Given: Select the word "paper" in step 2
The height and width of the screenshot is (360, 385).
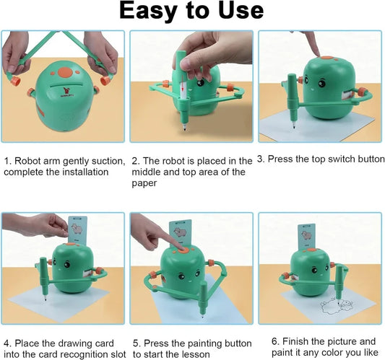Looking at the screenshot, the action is (144, 183).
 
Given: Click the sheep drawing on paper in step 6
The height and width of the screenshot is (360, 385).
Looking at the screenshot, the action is (337, 306).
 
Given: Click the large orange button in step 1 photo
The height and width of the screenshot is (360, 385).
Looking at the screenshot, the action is (65, 72).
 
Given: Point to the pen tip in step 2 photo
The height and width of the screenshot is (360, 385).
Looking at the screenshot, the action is (185, 128).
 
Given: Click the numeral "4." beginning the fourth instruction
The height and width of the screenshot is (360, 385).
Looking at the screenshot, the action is (8, 343).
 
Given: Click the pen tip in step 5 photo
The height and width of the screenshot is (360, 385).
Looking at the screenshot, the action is (202, 316).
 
